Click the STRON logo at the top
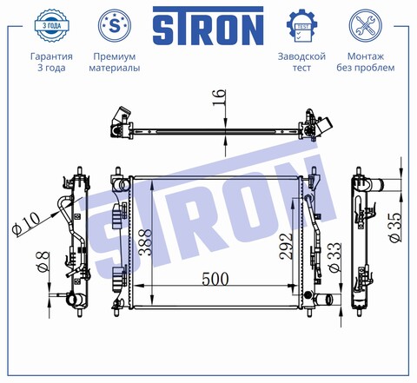tap(208, 28)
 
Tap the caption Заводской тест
tap(301, 62)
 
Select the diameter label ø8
tap(40, 260)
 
